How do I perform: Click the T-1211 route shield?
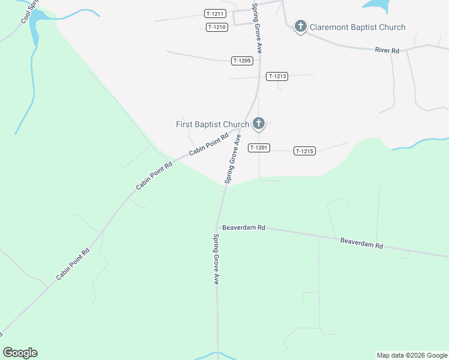tap(214, 14)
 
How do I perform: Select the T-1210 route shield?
tap(217, 27)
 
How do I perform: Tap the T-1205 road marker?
tap(242, 61)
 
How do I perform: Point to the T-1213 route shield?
tap(278, 76)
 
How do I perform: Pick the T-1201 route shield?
tap(259, 148)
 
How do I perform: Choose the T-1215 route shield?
tap(304, 151)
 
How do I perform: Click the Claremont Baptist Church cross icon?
tap(301, 26)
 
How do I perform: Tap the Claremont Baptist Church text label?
tap(358, 27)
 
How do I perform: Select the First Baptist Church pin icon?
tap(259, 124)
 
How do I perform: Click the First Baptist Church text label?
tap(212, 125)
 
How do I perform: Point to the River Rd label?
tap(387, 51)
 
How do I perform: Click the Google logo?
tap(20, 353)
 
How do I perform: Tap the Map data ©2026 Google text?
tap(412, 355)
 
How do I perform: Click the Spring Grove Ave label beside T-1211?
tap(256, 28)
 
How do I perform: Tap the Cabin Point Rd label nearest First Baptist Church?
tap(209, 145)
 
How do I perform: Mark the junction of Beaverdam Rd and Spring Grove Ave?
tap(217, 227)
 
